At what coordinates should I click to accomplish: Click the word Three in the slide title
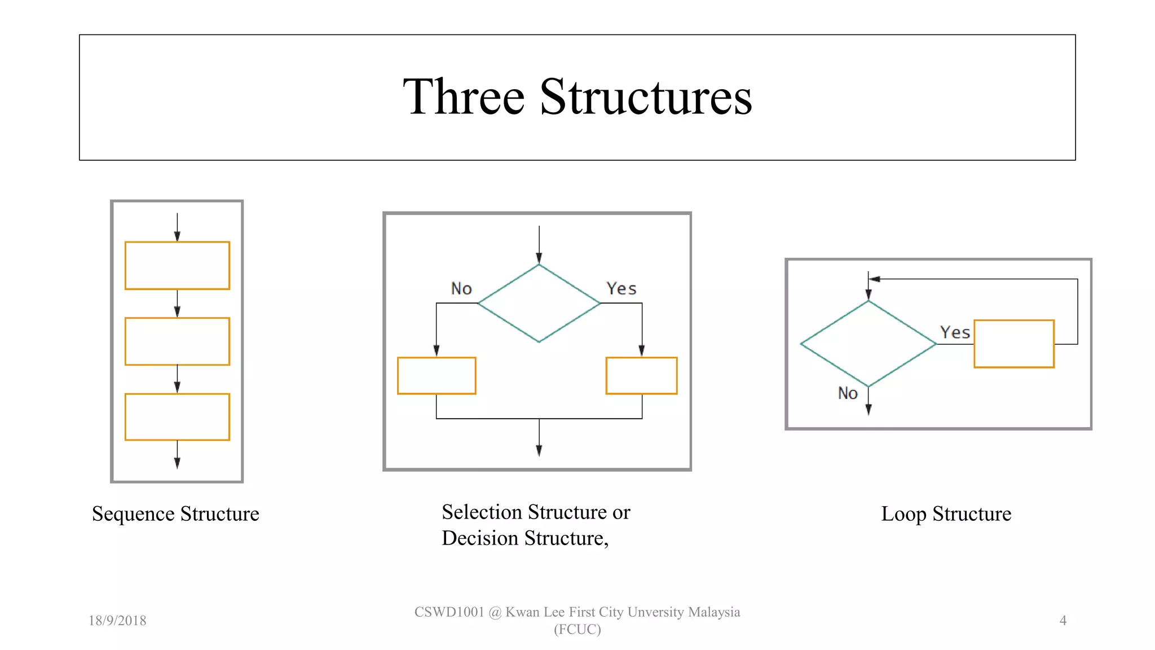coord(464,97)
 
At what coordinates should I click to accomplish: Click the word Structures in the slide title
coord(646,97)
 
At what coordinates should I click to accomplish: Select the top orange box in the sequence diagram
coord(177,266)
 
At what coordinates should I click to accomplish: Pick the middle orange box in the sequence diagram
coord(177,341)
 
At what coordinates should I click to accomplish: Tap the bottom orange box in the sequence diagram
coord(177,417)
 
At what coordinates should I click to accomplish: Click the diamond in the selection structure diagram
coord(539,304)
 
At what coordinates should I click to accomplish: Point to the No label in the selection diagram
coord(461,289)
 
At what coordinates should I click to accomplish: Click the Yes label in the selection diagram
coord(621,289)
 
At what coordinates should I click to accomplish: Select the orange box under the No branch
coord(437,376)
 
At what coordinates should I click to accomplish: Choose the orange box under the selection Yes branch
coord(641,376)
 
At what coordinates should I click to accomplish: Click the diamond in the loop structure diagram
coord(869,344)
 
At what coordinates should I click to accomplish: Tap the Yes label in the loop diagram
coord(955,333)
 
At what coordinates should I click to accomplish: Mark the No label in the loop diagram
coord(848,393)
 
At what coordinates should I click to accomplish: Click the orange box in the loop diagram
coord(1014,344)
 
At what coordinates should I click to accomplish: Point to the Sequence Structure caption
coord(175,514)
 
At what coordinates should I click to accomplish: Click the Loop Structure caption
coord(946,514)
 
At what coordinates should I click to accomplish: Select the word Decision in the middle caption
coord(480,538)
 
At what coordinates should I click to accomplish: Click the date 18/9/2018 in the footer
coord(117,621)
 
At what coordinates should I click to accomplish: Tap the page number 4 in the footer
coord(1063,621)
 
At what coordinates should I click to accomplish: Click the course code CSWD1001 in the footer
coord(449,612)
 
